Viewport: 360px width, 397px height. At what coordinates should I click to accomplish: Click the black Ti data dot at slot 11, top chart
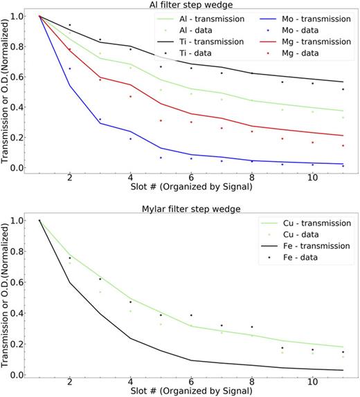[x=343, y=89]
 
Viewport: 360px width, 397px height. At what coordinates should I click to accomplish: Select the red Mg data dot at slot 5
[x=161, y=120]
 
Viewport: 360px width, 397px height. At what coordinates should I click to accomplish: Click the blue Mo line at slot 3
[x=100, y=123]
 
